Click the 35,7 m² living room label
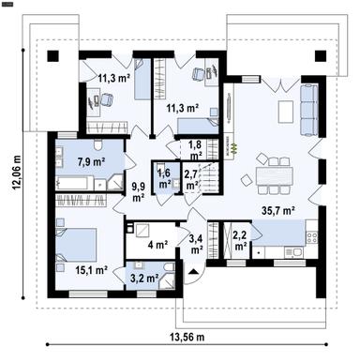[x=278, y=211]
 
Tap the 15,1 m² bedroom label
[x=92, y=270]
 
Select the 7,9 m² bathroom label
[x=91, y=161]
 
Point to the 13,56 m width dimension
[x=187, y=337]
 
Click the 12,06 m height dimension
[x=17, y=173]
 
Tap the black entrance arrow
[x=193, y=271]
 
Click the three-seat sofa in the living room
[x=309, y=110]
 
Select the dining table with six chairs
[x=274, y=176]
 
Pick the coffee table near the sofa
[x=286, y=112]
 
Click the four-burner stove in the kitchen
[x=311, y=237]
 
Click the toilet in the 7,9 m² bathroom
[x=98, y=144]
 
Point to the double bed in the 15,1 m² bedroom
[x=76, y=245]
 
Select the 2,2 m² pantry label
[x=240, y=239]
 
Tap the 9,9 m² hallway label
[x=138, y=192]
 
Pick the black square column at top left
[x=53, y=56]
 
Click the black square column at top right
[x=321, y=56]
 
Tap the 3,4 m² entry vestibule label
[x=196, y=244]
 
